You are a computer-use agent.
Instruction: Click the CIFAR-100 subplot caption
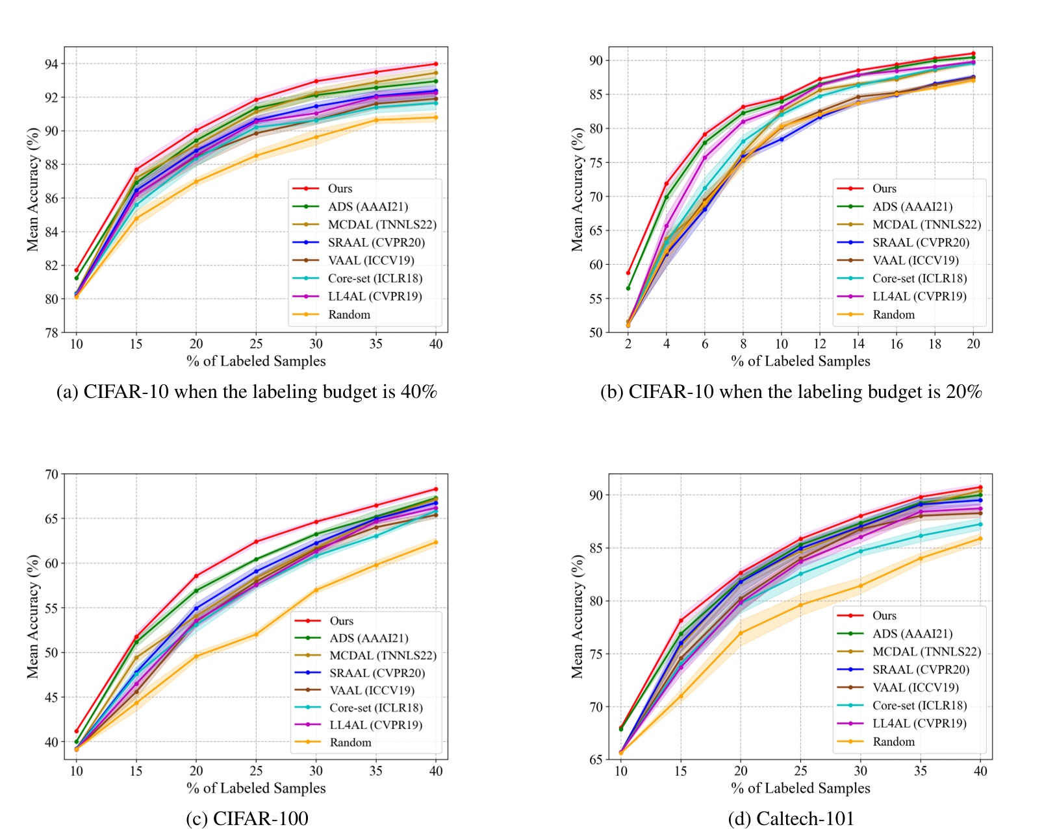[x=247, y=818]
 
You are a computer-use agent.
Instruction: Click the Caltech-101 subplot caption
[x=791, y=818]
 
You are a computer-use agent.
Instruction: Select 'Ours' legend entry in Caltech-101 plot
[x=884, y=615]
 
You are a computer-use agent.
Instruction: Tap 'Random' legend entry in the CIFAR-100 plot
[x=350, y=742]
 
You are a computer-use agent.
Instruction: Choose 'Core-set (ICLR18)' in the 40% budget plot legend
[x=375, y=278]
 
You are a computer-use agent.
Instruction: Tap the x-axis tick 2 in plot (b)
[x=628, y=344]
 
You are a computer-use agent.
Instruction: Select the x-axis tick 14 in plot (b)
[x=858, y=344]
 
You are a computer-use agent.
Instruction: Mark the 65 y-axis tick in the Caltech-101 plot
[x=596, y=760]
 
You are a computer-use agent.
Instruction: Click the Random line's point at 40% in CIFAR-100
[x=435, y=542]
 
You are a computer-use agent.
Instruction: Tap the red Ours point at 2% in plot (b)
[x=628, y=273]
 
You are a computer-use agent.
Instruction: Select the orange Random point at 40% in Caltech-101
[x=980, y=538]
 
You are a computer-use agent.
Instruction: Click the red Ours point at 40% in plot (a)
[x=435, y=64]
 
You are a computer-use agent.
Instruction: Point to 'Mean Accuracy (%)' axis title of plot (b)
[x=576, y=189]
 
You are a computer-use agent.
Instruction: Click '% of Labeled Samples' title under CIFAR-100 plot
[x=256, y=788]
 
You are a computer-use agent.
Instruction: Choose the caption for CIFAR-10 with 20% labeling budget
[x=791, y=391]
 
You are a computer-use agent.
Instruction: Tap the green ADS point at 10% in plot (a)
[x=77, y=278]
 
